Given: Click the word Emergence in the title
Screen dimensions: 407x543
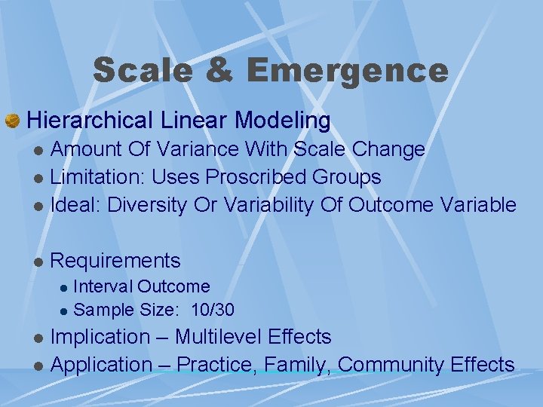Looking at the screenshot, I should tap(347, 71).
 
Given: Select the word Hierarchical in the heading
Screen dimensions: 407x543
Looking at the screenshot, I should tap(90, 120).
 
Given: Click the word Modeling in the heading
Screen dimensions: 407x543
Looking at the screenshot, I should tap(283, 120).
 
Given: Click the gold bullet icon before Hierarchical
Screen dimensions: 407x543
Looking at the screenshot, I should tap(13, 121).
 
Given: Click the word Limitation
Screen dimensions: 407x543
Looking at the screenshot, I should tap(97, 177).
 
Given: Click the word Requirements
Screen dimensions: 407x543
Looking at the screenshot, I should tap(115, 261).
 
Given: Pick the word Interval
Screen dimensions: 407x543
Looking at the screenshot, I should tap(103, 286).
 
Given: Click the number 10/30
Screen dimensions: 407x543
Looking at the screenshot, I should tap(213, 309).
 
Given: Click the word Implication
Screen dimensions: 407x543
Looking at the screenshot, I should tap(100, 336).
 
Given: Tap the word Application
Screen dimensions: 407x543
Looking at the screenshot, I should tap(101, 365).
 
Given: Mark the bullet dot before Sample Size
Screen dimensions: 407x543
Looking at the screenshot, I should tap(65, 310).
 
